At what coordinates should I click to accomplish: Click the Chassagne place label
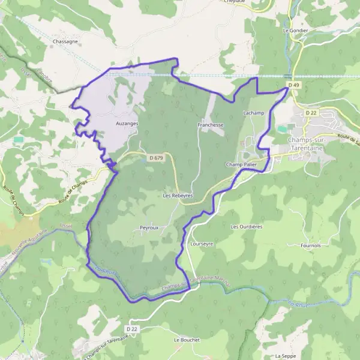(66, 41)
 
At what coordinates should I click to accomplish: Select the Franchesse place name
(210, 125)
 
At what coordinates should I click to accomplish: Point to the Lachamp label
(254, 113)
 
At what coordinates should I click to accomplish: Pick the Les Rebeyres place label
(178, 196)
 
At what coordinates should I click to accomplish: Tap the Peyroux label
(149, 228)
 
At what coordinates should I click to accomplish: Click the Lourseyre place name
(201, 245)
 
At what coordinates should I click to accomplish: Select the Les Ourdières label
(247, 227)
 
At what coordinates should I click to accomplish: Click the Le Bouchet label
(186, 340)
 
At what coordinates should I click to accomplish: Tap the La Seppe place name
(285, 356)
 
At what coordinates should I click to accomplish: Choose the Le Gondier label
(294, 29)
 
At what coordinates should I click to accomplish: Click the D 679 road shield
(155, 158)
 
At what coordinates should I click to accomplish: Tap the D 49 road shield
(293, 85)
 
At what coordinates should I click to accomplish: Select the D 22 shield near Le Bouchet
(133, 329)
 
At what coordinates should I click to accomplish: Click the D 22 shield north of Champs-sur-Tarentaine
(311, 113)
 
